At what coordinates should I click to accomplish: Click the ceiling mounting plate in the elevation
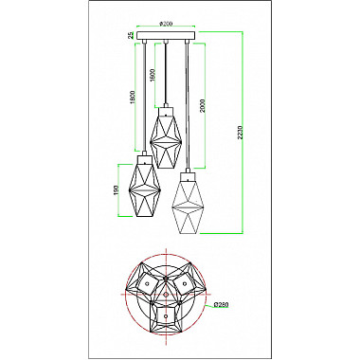(166, 37)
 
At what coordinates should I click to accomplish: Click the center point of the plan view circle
(166, 295)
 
